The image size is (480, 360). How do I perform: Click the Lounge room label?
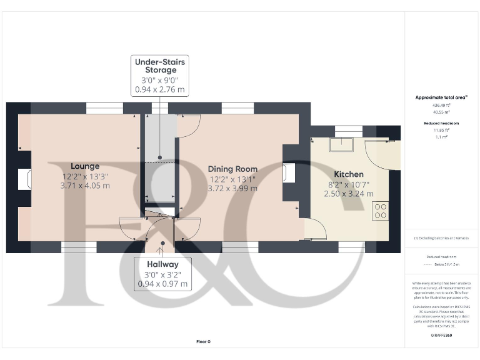pos(85,166)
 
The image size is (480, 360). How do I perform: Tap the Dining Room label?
pos(232,169)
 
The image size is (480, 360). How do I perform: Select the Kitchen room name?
pos(349,174)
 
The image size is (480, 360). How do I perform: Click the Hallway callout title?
pos(162,264)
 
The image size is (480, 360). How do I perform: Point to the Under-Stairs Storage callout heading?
pos(161,66)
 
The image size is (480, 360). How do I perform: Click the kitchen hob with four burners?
pos(381,211)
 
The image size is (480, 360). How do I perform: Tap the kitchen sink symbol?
pos(342,144)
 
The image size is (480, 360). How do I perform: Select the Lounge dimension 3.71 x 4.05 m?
pos(85,186)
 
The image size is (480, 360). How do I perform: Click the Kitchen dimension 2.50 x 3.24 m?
pos(348,194)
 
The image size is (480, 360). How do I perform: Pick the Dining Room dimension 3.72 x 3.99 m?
pos(232,188)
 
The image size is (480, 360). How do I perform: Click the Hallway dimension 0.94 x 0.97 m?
pos(162,284)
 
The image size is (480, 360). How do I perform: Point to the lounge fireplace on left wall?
pos(26,179)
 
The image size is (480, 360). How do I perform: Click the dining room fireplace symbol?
pos(288,172)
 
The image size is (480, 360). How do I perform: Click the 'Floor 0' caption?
pos(204,341)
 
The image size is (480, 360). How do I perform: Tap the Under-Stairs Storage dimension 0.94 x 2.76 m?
pos(160,90)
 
